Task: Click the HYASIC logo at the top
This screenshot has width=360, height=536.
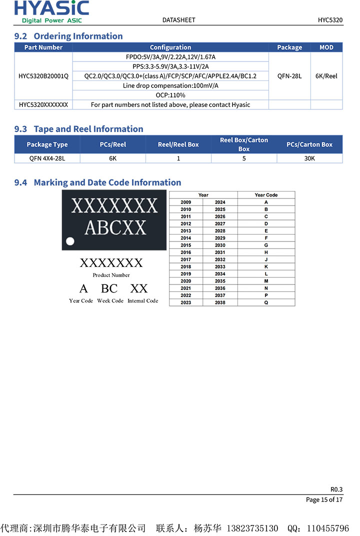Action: (51, 11)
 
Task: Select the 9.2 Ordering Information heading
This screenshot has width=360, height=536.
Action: (68, 36)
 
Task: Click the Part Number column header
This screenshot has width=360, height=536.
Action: (43, 47)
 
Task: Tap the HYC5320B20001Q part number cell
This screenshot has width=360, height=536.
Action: (43, 76)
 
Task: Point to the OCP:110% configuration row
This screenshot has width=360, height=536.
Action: (170, 95)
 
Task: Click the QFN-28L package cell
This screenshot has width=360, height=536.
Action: (289, 76)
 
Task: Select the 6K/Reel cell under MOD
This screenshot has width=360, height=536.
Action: (326, 76)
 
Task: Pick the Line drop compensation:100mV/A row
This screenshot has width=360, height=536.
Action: (170, 85)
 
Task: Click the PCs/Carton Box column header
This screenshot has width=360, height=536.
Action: (309, 144)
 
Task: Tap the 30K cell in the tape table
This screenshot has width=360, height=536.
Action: (309, 158)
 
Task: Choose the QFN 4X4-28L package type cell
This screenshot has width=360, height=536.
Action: (47, 158)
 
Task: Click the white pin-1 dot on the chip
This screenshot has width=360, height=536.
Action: (70, 241)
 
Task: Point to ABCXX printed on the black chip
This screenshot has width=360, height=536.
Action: (115, 227)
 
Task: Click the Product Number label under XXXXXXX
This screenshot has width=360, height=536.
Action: (111, 275)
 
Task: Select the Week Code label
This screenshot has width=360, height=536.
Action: (110, 301)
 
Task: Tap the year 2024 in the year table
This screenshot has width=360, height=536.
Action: (220, 202)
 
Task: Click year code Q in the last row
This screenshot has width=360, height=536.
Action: (266, 302)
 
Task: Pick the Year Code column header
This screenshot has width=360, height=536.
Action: (266, 195)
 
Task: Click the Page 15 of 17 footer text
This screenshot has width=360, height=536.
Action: (324, 499)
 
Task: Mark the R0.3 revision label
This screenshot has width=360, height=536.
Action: (336, 489)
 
